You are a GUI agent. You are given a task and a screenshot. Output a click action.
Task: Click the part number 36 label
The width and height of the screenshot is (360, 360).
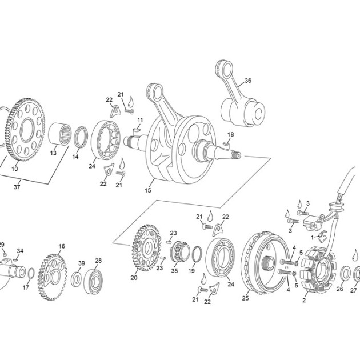tap(248, 81)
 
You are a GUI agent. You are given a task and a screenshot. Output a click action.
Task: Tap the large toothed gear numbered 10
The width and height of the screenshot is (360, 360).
tap(25, 130)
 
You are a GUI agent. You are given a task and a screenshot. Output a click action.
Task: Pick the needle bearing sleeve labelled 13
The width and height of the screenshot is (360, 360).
tap(60, 134)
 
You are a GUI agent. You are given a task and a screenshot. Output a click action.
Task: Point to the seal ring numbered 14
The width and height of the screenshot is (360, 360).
tap(81, 137)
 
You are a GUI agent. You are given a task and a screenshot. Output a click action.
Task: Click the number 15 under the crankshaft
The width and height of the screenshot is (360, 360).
tap(148, 190)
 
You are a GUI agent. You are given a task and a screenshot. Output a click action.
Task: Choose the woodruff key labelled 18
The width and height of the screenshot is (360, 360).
tap(226, 144)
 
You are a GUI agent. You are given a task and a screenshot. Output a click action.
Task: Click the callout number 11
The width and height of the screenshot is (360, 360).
tap(140, 121)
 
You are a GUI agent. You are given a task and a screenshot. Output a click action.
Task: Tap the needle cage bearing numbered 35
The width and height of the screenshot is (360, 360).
tap(181, 251)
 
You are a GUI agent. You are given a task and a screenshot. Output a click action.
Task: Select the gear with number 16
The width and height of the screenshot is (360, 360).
tap(53, 278)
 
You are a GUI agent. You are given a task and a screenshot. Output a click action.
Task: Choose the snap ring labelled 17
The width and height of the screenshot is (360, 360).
tap(31, 273)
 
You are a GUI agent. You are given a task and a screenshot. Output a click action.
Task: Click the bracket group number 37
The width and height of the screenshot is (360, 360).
tap(17, 187)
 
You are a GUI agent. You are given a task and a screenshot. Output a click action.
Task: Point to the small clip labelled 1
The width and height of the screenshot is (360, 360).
tap(321, 236)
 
